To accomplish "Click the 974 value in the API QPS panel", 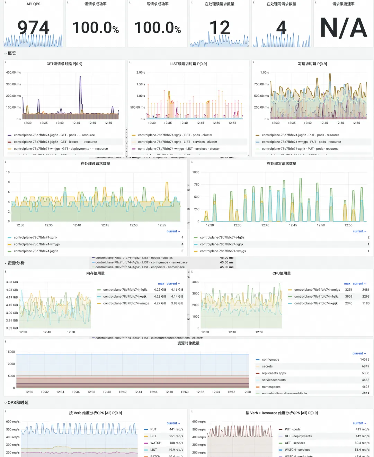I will [34, 28].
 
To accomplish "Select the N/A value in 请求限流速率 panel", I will [344, 28].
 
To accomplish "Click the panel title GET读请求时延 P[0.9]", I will [64, 64].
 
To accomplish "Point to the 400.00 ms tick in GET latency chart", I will [14, 73].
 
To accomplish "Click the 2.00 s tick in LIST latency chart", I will [141, 73].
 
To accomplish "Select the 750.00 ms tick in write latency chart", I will [261, 84].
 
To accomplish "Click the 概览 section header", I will [12, 54].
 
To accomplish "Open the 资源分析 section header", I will [16, 263].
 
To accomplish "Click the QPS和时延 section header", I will [18, 403].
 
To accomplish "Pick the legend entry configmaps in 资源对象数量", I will [270, 360].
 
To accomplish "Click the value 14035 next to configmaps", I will [365, 360].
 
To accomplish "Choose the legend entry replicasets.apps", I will [274, 373].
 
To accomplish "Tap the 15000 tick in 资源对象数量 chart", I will [10, 352].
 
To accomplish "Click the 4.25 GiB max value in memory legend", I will [160, 290].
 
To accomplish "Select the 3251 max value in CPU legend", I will [349, 290].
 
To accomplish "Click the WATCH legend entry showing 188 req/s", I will [156, 443].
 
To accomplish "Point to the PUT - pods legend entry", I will [293, 429].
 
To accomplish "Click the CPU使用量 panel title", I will [282, 273].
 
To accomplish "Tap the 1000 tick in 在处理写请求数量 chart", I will [196, 172].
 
